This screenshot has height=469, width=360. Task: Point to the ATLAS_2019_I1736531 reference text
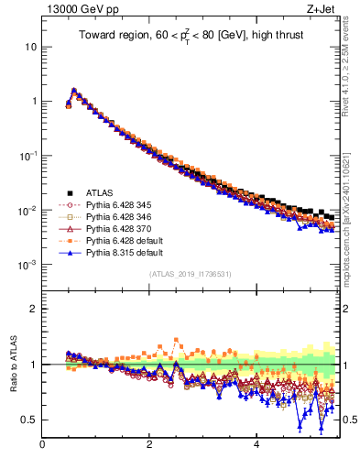[x=190, y=273]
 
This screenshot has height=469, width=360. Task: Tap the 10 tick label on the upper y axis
[x=30, y=46]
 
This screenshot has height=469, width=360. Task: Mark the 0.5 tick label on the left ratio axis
[x=29, y=420]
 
